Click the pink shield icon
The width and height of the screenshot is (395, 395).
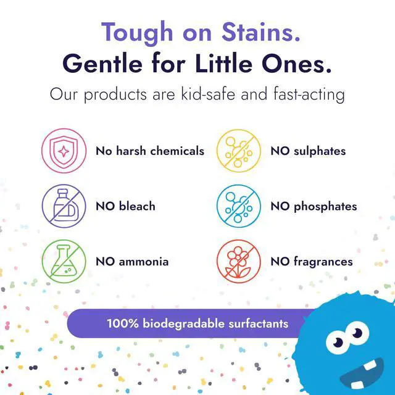point(64,151)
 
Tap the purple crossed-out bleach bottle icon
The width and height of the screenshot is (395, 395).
point(64,206)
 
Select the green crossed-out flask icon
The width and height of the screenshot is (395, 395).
point(64,261)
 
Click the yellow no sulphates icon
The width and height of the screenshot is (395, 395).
point(239,151)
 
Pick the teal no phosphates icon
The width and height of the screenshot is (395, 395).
point(239,206)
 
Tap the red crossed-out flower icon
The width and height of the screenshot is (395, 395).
point(239,261)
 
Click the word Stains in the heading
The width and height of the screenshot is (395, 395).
point(261,32)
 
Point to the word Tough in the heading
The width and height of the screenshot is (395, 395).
point(137,34)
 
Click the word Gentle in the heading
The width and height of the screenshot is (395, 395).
point(102,63)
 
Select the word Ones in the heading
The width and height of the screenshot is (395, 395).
point(296,63)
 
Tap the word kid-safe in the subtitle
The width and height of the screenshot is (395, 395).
point(208,94)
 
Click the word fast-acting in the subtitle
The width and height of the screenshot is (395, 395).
point(309,94)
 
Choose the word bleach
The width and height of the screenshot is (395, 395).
point(137,206)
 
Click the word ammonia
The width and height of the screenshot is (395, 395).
point(144,262)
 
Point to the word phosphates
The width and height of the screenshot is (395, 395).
point(325,207)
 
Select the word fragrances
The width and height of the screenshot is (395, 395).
point(323,262)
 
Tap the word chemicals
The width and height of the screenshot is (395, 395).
point(177,151)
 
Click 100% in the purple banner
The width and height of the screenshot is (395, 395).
point(123,323)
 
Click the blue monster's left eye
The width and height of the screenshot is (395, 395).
point(338,342)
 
